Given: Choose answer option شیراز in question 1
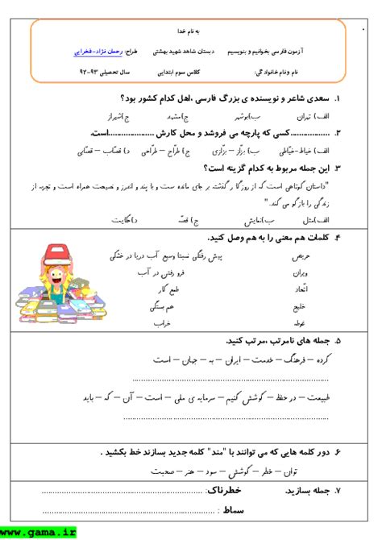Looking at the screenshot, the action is coord(121,117).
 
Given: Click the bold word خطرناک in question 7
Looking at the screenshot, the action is coord(222,490).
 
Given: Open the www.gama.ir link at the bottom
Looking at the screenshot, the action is coord(39,533).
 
